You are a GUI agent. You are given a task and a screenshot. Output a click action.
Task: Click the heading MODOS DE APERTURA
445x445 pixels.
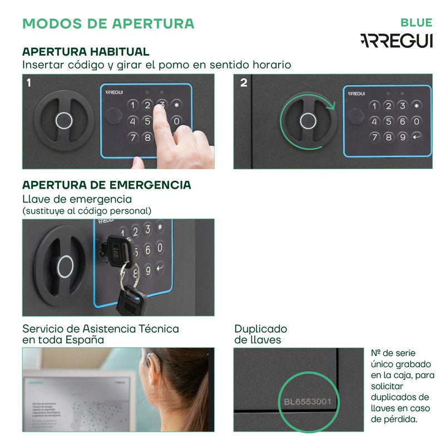108,23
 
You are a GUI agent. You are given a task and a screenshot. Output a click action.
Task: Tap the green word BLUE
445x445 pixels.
416,23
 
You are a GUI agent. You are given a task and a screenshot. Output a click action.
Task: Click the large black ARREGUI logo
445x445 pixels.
396,41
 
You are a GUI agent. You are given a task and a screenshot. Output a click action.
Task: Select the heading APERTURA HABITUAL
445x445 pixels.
86,52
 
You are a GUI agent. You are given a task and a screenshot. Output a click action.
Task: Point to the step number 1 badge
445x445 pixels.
29,83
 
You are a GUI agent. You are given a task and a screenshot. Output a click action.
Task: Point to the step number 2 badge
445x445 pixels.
244,83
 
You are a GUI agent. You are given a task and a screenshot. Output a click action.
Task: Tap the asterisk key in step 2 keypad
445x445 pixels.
417,105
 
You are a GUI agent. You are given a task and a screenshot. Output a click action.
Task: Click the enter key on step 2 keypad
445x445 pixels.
417,137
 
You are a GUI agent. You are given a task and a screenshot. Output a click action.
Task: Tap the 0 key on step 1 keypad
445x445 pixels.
176,121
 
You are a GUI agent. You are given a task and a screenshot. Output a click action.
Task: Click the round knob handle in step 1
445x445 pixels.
62,120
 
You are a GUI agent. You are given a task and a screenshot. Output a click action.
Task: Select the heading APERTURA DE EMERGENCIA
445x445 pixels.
106,185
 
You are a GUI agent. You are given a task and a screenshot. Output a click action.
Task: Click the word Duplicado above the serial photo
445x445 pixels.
260,329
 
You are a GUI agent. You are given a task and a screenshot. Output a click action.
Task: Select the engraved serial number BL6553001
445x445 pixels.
308,402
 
